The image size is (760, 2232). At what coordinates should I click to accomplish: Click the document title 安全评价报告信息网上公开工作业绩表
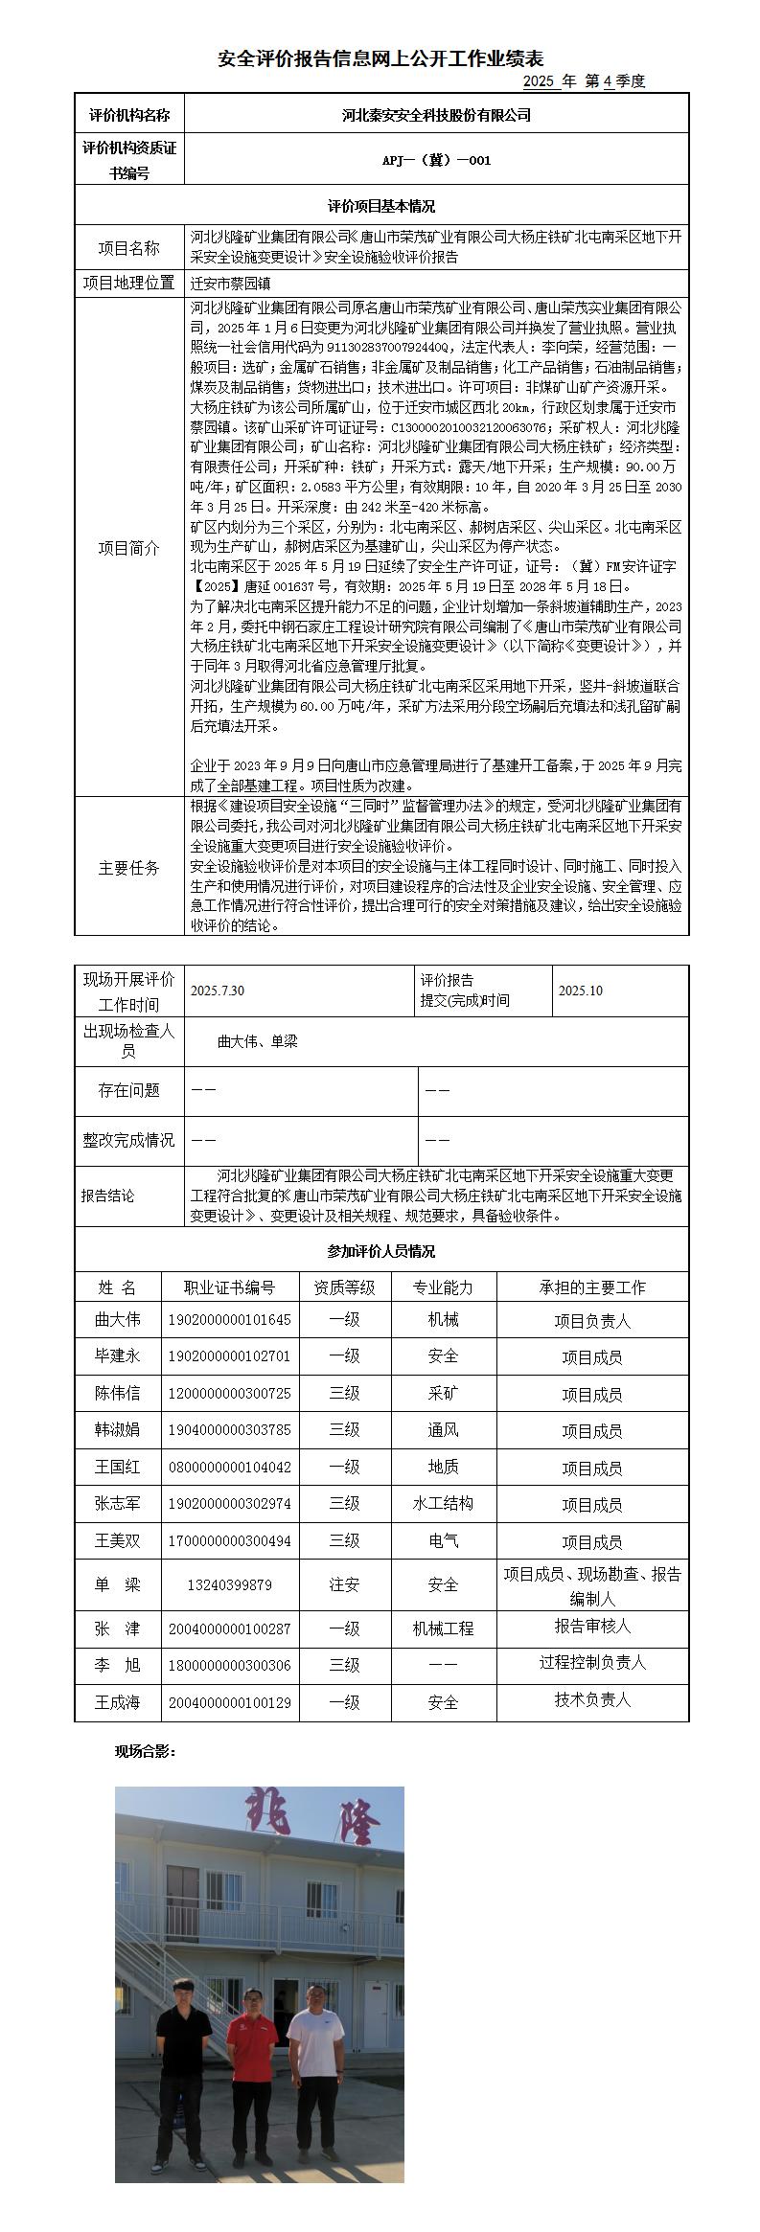pyautogui.click(x=380, y=59)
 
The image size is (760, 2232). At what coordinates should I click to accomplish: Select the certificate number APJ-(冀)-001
pyautogui.click(x=436, y=160)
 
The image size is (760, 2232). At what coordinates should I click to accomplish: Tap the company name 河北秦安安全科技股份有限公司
pyautogui.click(x=436, y=115)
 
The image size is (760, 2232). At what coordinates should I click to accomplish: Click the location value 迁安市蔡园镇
pyautogui.click(x=231, y=284)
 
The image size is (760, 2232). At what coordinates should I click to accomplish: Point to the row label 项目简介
pyautogui.click(x=129, y=549)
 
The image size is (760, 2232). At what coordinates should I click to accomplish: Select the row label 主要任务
pyautogui.click(x=129, y=868)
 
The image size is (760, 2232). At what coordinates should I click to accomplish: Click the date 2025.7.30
pyautogui.click(x=219, y=991)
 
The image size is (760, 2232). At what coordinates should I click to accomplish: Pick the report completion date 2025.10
pyautogui.click(x=581, y=991)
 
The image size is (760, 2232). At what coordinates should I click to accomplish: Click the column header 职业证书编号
pyautogui.click(x=230, y=1287)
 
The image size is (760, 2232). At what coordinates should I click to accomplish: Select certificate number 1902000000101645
pyautogui.click(x=230, y=1320)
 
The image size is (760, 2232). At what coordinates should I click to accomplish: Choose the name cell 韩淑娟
pyautogui.click(x=117, y=1430)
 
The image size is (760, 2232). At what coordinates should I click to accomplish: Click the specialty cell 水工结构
pyautogui.click(x=443, y=1504)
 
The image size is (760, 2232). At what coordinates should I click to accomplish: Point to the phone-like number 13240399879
pyautogui.click(x=230, y=1585)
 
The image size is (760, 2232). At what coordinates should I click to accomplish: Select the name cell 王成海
pyautogui.click(x=117, y=1702)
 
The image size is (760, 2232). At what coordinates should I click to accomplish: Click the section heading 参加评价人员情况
pyautogui.click(x=380, y=1251)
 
